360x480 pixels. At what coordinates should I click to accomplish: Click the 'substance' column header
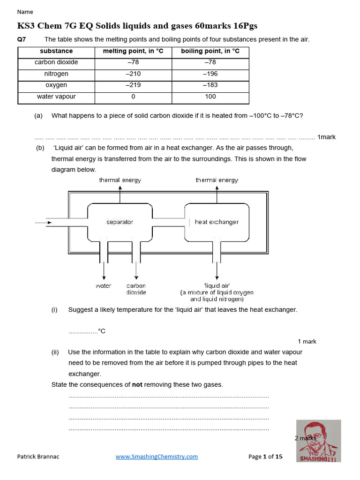pyautogui.click(x=56, y=51)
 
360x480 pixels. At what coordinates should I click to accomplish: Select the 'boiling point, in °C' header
pyautogui.click(x=210, y=51)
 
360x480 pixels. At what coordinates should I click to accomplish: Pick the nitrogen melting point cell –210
pyautogui.click(x=133, y=74)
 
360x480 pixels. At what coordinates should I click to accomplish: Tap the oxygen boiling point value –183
pyautogui.click(x=210, y=85)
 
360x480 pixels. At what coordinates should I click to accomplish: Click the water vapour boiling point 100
pyautogui.click(x=210, y=97)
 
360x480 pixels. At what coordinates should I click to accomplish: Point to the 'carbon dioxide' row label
pyautogui.click(x=56, y=62)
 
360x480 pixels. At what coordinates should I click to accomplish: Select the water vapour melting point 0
pyautogui.click(x=133, y=97)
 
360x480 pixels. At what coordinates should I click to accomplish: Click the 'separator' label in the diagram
pyautogui.click(x=120, y=222)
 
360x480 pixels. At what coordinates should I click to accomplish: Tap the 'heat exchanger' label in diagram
pyautogui.click(x=217, y=222)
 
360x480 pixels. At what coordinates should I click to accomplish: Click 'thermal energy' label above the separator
pyautogui.click(x=120, y=180)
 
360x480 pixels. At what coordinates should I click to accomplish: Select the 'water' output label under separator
pyautogui.click(x=104, y=285)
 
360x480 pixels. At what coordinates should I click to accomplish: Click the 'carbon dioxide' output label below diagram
pyautogui.click(x=136, y=289)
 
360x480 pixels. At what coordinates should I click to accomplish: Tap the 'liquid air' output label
pyautogui.click(x=217, y=285)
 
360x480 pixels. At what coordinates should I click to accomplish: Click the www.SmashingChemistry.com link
pyautogui.click(x=157, y=456)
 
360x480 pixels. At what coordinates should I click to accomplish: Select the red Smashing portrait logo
pyautogui.click(x=318, y=441)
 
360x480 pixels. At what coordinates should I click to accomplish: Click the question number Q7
pyautogui.click(x=22, y=39)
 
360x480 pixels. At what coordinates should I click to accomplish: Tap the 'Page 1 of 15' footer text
pyautogui.click(x=265, y=456)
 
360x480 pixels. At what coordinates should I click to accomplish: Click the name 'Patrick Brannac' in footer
pyautogui.click(x=39, y=456)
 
